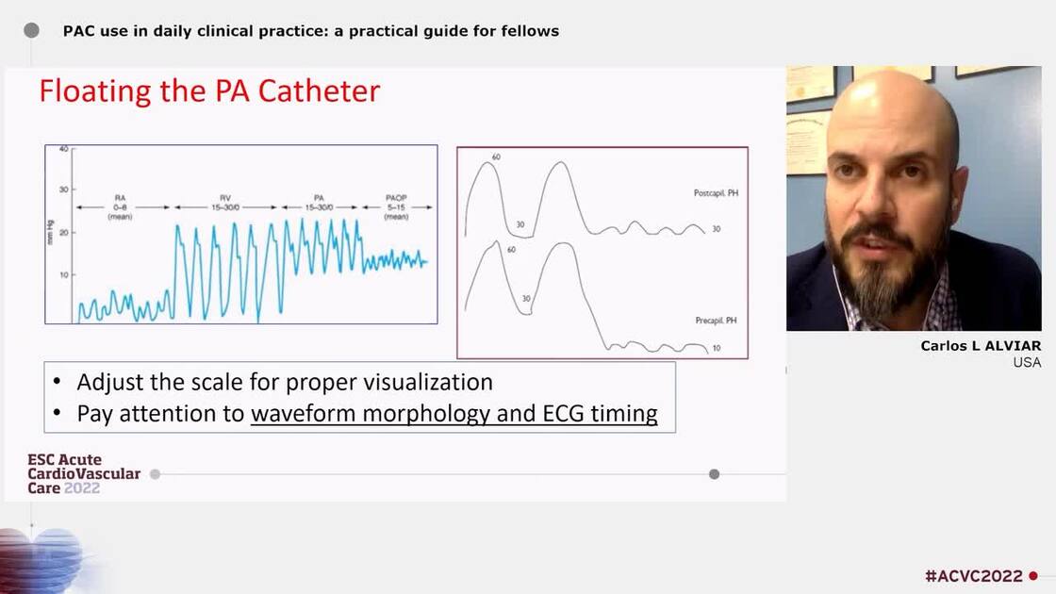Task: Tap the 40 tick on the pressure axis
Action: (63, 149)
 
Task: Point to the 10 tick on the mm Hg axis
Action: (63, 274)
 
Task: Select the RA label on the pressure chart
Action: (120, 199)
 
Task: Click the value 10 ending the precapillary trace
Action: (717, 349)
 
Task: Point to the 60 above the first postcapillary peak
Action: (496, 157)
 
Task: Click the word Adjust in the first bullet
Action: (106, 382)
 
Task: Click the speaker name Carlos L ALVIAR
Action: (981, 346)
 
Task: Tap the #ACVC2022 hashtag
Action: (974, 576)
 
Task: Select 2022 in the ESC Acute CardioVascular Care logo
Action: (82, 488)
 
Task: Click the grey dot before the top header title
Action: (31, 30)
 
